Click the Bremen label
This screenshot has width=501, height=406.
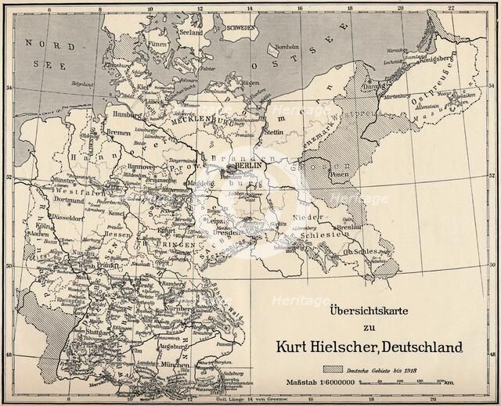point(118,135)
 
